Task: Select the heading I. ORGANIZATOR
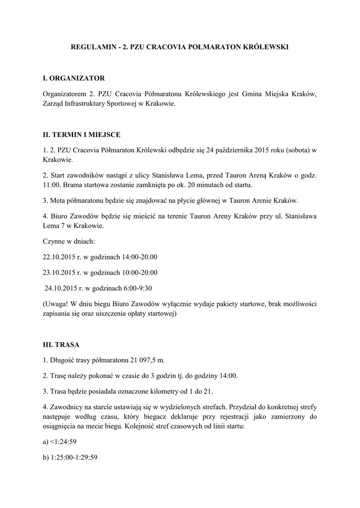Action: point(73,78)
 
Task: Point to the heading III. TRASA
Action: point(61,344)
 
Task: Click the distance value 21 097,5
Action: point(142,360)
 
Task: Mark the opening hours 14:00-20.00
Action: point(140,257)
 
